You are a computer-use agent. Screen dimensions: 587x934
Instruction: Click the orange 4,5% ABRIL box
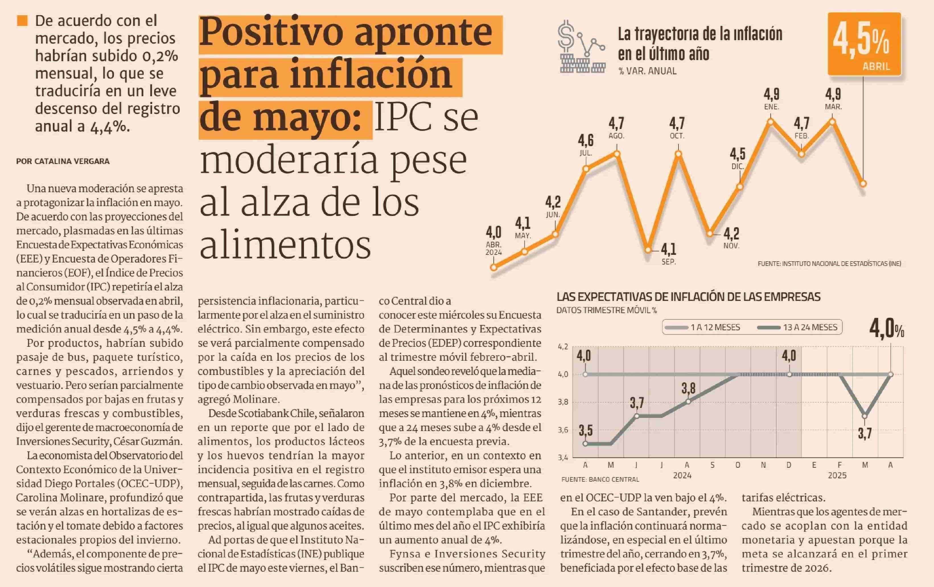point(864,44)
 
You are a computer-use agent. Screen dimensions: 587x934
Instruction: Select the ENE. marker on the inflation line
point(771,122)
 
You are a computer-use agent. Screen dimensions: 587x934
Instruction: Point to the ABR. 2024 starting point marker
point(494,267)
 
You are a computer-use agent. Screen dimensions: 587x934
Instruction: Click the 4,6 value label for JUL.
point(586,140)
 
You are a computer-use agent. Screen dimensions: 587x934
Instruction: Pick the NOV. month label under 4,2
point(731,246)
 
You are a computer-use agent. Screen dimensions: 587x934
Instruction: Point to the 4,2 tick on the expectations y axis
point(563,346)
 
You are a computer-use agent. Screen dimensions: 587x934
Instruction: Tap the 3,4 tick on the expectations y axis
point(563,457)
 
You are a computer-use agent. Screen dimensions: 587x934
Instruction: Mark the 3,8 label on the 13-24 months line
point(688,388)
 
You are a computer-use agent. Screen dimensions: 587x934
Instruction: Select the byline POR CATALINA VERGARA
point(63,161)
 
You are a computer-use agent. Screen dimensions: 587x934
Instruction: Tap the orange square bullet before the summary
point(22,20)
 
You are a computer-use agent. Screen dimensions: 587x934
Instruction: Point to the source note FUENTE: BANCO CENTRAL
point(600,479)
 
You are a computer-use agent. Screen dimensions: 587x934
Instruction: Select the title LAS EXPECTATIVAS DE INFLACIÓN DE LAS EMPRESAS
point(688,297)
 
